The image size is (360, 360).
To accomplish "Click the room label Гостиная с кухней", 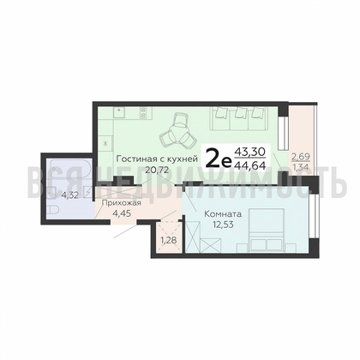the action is [x=157, y=159].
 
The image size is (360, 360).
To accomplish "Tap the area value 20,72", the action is [x=157, y=170].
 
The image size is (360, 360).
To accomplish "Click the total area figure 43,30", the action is [x=250, y=153].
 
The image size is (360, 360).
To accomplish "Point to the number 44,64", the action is [x=250, y=165].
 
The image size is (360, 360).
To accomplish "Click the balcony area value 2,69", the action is [x=300, y=157].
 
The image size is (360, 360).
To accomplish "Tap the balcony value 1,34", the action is [x=300, y=167].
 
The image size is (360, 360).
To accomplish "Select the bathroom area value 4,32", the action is [x=70, y=195].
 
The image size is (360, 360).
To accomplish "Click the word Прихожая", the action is [x=122, y=203].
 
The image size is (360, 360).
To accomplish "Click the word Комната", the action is [x=223, y=214].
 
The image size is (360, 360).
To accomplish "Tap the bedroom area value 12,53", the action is [x=223, y=225].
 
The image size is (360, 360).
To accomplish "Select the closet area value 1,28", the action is [x=169, y=241].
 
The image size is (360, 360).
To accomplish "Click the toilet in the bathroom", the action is [x=53, y=211].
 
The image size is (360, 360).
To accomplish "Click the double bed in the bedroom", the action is [x=267, y=231].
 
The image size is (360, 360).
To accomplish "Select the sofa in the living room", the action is [x=238, y=118].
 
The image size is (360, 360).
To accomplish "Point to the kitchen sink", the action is [x=119, y=112].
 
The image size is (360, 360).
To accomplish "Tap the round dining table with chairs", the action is [x=178, y=132].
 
